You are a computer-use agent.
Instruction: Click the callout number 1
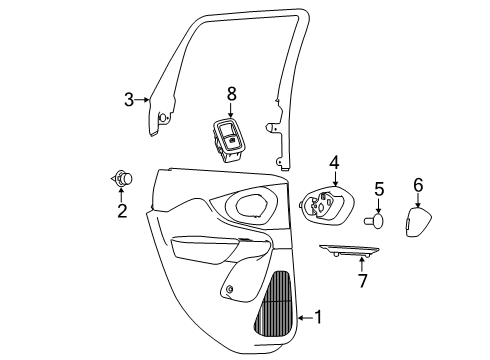coord(318,318)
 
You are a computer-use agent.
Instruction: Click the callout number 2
coord(122,211)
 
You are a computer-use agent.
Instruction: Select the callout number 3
coord(128,99)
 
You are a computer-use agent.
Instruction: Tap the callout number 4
coord(335,160)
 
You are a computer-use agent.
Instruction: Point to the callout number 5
coord(379,188)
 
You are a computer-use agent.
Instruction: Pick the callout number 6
coord(418,184)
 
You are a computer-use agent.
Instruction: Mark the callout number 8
coord(231,94)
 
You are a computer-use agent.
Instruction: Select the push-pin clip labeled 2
coord(123,179)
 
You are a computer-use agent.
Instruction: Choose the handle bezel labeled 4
coord(323,207)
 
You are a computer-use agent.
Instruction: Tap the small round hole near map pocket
coord(231,290)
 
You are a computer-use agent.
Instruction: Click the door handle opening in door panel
coord(251,206)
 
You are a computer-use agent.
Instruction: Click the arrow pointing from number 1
coord(302,318)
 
